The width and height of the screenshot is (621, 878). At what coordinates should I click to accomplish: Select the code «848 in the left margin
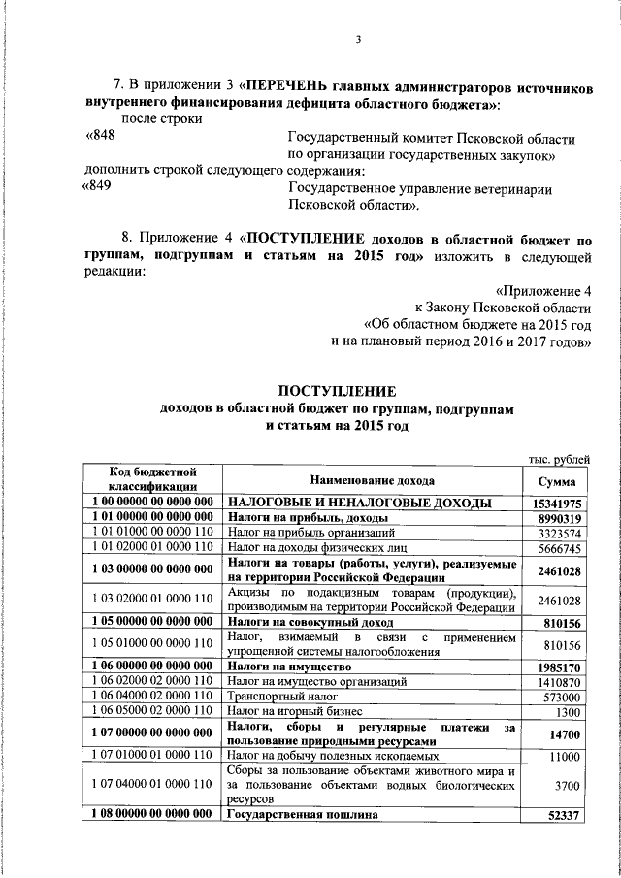tap(102, 137)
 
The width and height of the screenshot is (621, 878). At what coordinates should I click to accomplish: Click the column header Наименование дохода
tap(373, 481)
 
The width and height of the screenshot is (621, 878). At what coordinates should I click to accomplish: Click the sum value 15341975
tap(556, 504)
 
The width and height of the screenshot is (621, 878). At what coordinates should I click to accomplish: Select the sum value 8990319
tap(556, 519)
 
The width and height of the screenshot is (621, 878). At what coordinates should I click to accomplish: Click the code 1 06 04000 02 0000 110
tap(153, 698)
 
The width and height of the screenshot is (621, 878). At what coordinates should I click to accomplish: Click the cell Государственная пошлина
tap(297, 816)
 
